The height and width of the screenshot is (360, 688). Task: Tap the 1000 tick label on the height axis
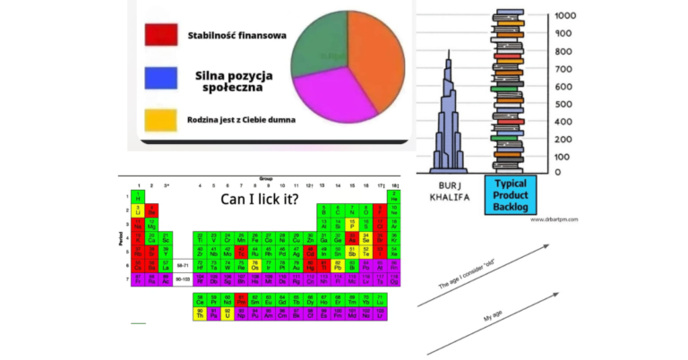point(565,15)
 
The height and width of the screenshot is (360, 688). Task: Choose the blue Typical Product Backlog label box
point(512,194)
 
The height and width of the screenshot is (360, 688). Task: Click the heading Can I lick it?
point(260,199)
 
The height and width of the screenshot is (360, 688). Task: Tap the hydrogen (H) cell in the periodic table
point(138,196)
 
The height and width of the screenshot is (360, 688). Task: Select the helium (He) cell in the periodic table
point(392,196)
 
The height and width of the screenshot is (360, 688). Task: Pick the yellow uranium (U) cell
point(227,314)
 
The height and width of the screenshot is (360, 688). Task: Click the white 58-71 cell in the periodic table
point(183,265)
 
